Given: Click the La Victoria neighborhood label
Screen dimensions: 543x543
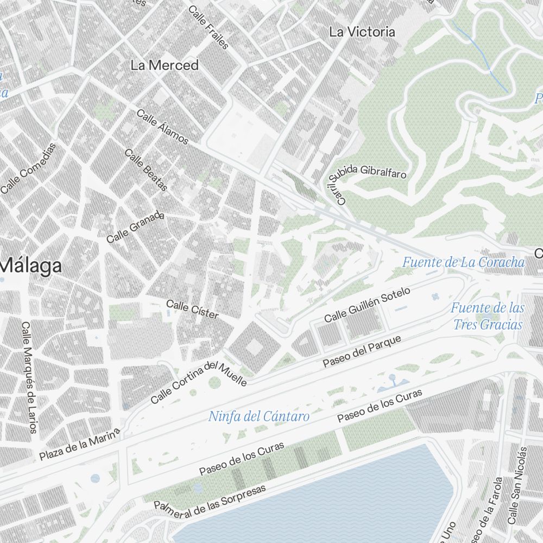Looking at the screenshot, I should pos(362,32).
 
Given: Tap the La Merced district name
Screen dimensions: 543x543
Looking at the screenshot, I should pos(165,65).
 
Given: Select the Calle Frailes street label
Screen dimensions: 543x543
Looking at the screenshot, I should pos(209,27).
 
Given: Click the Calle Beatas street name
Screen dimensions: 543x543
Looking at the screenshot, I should pos(146,170).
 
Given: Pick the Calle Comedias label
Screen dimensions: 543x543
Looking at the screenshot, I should pos(28,168).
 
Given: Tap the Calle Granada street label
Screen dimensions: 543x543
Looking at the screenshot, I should pos(135,228).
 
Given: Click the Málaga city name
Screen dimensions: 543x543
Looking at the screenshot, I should pos(31,267).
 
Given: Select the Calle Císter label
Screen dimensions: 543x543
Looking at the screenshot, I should pos(192,310).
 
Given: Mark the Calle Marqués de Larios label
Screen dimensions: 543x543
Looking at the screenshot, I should pos(28,377).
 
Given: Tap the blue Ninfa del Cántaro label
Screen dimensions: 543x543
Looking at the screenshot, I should pos(259,416).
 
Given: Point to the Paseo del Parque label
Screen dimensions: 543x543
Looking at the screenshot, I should pos(362,351).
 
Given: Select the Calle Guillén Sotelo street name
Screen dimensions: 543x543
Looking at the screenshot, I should pos(367,305).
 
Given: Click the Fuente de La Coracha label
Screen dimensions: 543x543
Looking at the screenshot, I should pos(463,263).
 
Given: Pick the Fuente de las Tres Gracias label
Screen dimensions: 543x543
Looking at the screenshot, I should pos(487,316).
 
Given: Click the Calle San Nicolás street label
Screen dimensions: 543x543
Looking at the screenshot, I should pos(517,485).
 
